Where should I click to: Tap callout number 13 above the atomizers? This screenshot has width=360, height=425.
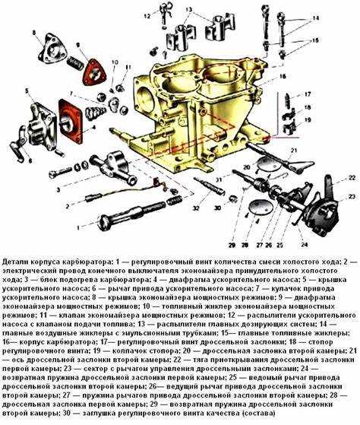click(188, 10)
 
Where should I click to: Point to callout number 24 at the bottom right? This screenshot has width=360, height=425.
click(304, 244)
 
